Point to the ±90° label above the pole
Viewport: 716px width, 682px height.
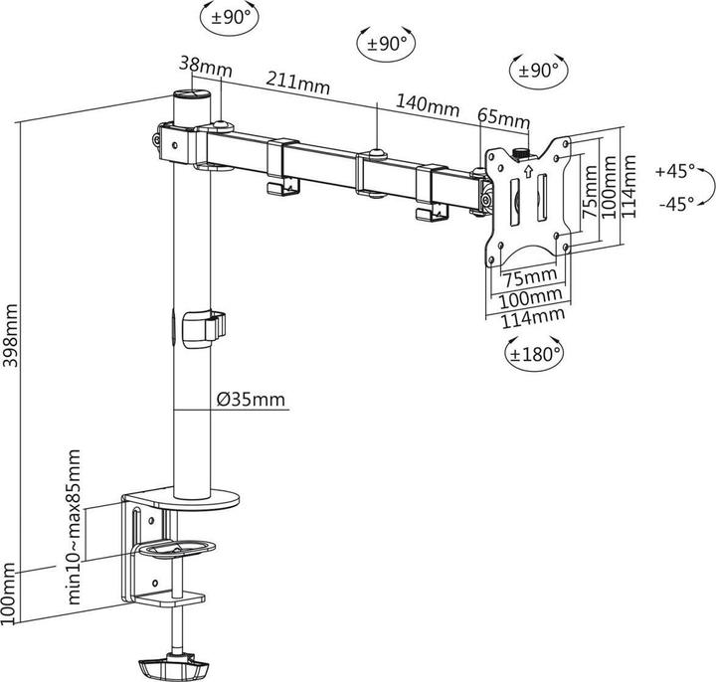(231, 17)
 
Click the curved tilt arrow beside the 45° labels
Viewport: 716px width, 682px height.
(706, 187)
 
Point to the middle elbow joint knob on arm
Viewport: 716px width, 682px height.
(376, 152)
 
